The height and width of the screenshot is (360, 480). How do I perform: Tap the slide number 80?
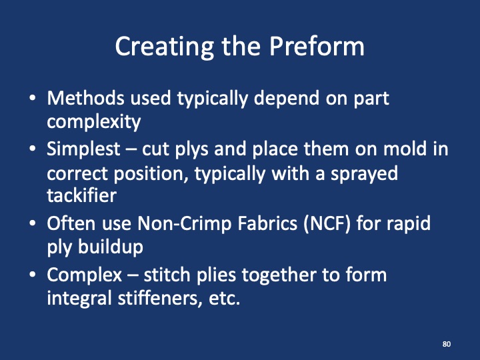(446, 344)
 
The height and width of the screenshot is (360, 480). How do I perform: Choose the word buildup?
(107, 247)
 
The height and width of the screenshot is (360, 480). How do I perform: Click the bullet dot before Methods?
(33, 99)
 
